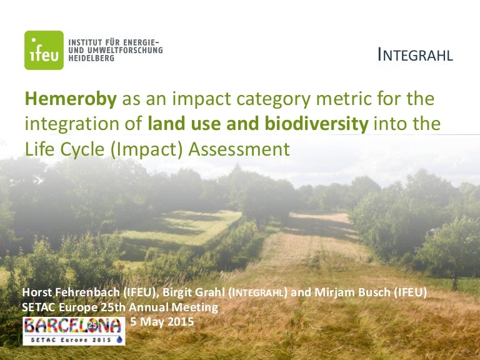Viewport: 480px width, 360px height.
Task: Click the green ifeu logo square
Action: (44, 50)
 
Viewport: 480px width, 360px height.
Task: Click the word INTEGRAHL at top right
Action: (415, 55)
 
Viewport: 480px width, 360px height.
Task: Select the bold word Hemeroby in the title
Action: (71, 99)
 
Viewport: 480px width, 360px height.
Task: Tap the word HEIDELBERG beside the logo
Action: (91, 58)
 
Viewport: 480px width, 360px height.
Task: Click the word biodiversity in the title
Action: (317, 124)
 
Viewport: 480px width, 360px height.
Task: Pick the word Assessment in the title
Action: (239, 149)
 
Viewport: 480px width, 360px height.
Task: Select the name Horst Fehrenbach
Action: (71, 292)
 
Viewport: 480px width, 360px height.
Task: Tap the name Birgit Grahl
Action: (194, 292)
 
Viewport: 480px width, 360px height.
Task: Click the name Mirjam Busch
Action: (352, 292)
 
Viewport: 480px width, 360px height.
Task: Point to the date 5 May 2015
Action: (162, 321)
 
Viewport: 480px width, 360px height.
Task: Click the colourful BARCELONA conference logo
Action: (74, 331)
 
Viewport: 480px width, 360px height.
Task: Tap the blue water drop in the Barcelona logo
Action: (119, 339)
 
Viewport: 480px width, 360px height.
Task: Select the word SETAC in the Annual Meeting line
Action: (39, 307)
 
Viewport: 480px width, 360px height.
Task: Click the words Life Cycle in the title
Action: (64, 150)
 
